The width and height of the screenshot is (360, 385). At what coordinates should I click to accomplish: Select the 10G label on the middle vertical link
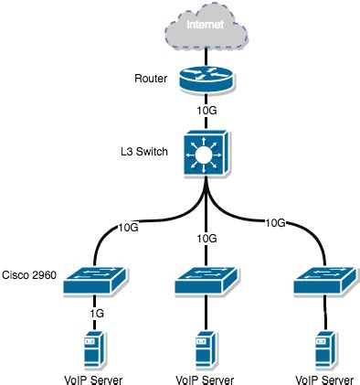(x=207, y=239)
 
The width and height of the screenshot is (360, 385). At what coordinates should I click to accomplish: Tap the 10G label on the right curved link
(x=276, y=222)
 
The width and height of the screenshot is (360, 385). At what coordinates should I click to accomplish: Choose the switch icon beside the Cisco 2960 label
(x=95, y=283)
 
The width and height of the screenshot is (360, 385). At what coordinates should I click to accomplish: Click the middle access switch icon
(x=207, y=283)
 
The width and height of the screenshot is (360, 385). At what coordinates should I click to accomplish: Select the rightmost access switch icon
(x=323, y=283)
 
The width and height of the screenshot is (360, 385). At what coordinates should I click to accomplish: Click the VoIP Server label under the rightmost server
(x=323, y=378)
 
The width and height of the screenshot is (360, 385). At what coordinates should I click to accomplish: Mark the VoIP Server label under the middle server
(x=207, y=378)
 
